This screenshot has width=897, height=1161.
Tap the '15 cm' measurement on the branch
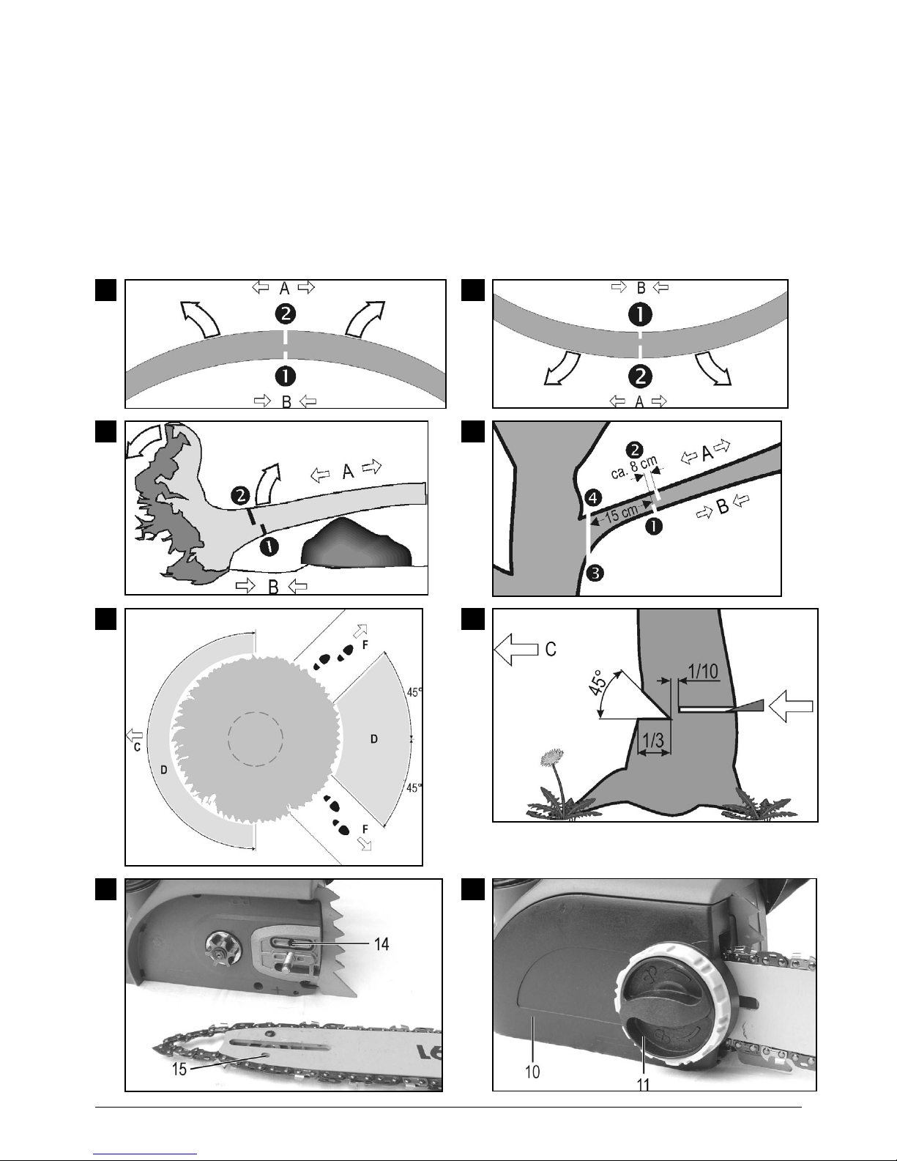[622, 513]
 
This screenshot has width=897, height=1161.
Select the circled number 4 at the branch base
[594, 498]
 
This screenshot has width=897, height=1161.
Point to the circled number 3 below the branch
[595, 574]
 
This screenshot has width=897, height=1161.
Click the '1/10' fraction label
[703, 671]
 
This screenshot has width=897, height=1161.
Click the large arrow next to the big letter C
[516, 649]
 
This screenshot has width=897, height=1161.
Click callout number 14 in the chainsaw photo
[381, 944]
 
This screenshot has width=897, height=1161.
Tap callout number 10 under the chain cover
[532, 1072]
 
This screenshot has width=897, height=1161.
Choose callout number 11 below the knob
[643, 1085]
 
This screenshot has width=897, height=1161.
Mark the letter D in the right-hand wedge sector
[373, 739]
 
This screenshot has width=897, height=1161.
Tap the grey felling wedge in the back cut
[744, 706]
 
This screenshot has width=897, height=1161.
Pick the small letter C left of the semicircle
[137, 747]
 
